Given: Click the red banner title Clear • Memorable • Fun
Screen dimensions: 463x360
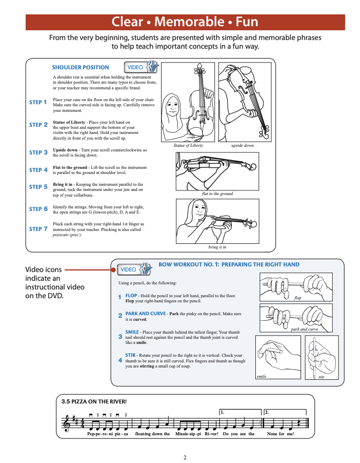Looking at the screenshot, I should [x=185, y=22].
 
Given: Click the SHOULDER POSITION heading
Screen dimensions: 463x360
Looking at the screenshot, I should [x=81, y=67].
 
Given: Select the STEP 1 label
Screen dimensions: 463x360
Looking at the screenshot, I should [x=38, y=102].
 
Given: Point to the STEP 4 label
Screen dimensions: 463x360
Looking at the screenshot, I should [x=38, y=170].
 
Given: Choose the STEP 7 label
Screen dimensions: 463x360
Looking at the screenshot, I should [x=38, y=229].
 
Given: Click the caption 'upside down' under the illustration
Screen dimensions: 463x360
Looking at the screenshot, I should [x=242, y=146].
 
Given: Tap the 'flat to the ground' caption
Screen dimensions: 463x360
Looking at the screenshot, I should [x=217, y=194].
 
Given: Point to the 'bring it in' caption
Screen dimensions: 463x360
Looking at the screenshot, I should [x=217, y=247].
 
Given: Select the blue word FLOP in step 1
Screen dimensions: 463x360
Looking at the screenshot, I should [x=131, y=296].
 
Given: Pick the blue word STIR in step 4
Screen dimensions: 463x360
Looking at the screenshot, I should [x=131, y=355].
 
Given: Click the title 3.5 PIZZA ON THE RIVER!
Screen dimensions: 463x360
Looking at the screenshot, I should [x=93, y=401].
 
